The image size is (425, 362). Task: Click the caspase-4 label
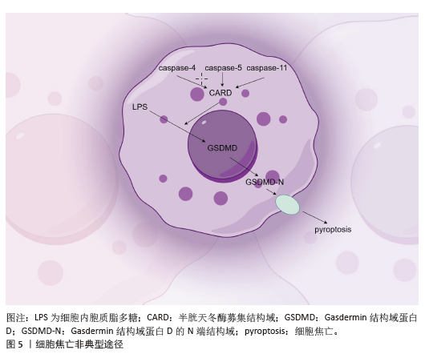tap(177, 68)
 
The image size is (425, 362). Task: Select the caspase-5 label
tap(224, 68)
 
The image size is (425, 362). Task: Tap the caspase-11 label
tap(267, 68)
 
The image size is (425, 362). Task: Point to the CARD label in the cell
tap(221, 93)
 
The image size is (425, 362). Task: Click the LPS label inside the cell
tap(140, 107)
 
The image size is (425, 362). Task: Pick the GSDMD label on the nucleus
tap(222, 148)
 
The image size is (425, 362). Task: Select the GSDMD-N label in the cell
tap(265, 182)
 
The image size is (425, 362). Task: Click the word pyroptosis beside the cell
tap(333, 230)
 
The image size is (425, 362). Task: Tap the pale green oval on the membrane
tap(288, 205)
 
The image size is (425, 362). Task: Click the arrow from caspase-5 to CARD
tap(223, 79)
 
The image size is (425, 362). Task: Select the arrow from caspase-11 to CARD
tap(249, 82)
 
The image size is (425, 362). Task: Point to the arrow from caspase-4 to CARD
tap(192, 82)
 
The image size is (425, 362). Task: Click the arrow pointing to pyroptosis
tap(315, 217)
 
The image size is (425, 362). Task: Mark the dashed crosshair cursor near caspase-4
tap(201, 79)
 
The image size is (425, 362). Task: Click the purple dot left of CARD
tap(197, 94)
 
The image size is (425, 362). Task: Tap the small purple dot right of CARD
tap(245, 94)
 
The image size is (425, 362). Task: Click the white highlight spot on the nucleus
tap(204, 123)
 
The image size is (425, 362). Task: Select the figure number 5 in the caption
tap(20, 344)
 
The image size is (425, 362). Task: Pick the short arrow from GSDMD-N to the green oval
tap(271, 192)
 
